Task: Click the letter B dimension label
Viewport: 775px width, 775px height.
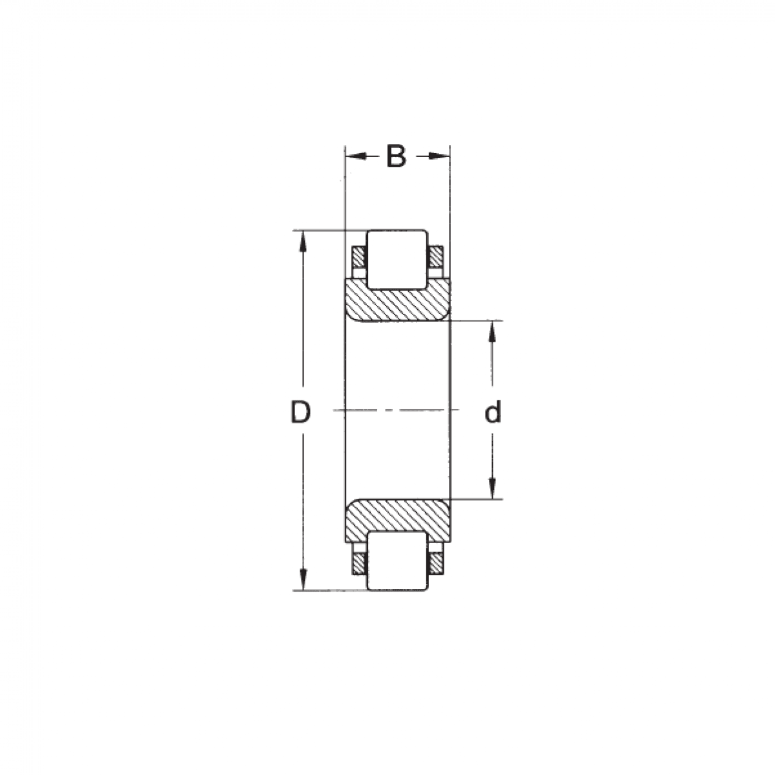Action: [x=396, y=156]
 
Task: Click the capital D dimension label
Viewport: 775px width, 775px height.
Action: [x=300, y=412]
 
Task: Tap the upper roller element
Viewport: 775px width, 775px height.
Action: [x=397, y=259]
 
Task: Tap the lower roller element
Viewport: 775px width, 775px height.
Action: [x=397, y=561]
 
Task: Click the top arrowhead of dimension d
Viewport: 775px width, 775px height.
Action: [x=493, y=329]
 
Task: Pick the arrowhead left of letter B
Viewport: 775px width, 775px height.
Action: [x=355, y=156]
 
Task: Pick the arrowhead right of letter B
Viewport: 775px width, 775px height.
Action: [x=439, y=156]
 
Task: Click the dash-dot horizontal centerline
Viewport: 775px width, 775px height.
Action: [x=397, y=409]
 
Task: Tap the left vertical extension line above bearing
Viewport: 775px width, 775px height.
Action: [x=345, y=194]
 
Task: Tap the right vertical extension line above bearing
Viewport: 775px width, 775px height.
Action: [x=449, y=194]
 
